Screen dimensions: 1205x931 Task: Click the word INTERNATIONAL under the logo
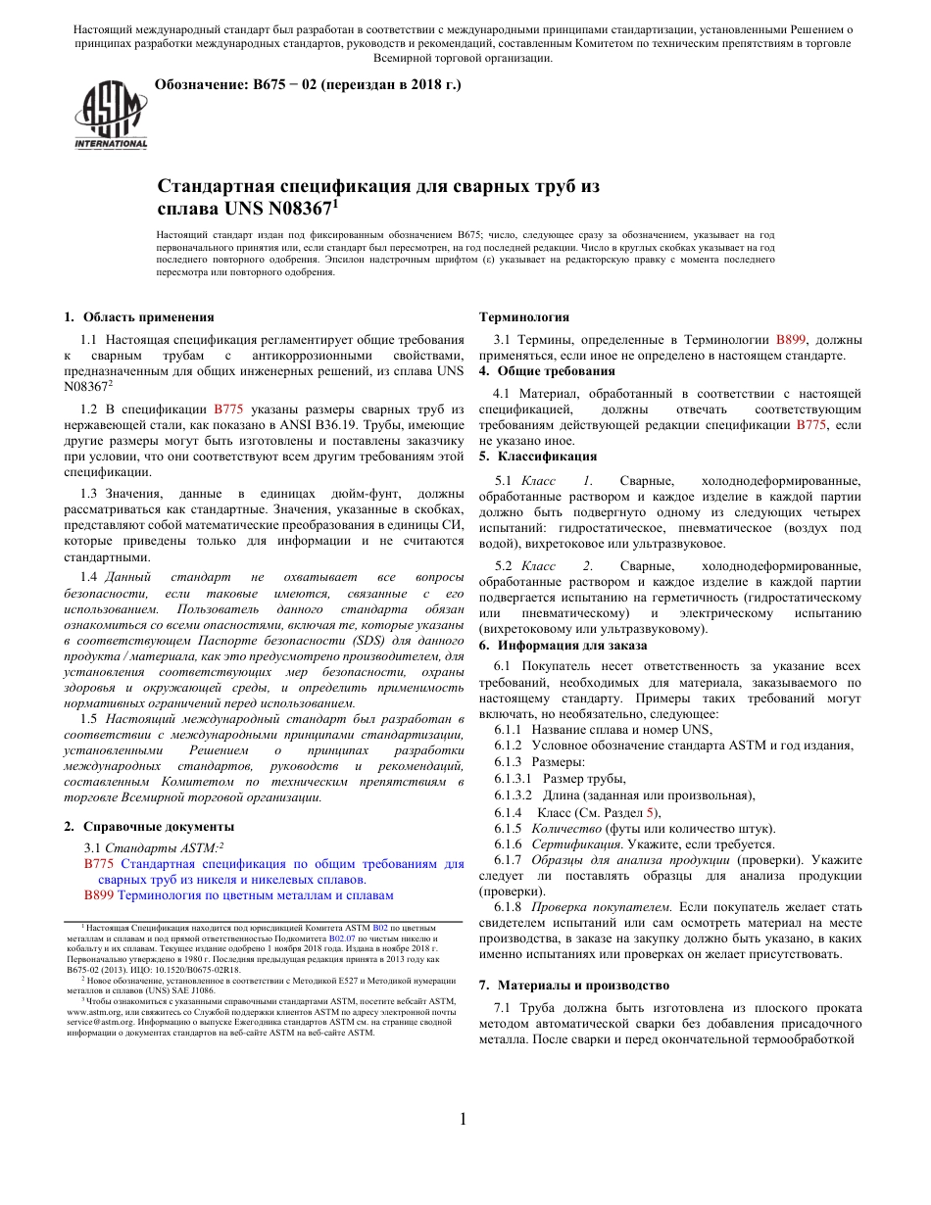point(111,144)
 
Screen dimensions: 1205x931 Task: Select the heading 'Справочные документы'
point(159,827)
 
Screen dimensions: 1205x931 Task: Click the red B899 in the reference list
point(99,895)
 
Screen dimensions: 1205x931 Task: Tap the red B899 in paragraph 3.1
point(792,339)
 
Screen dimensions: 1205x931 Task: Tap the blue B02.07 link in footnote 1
point(342,938)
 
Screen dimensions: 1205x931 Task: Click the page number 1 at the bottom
point(465,1120)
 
